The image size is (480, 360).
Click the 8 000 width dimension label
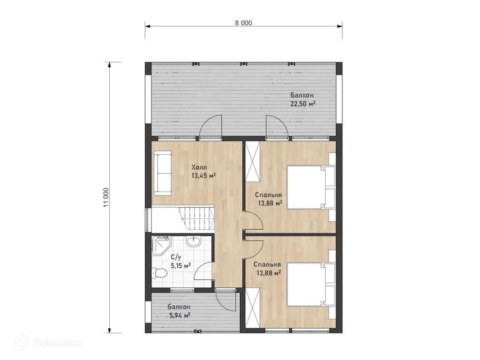click(244, 23)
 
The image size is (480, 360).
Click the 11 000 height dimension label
click(106, 197)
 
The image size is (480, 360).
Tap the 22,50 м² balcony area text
click(303, 104)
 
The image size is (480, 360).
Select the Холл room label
click(199, 167)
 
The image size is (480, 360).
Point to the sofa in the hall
click(162, 173)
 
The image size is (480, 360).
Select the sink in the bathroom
click(193, 241)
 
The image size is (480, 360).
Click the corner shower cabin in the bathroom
click(160, 247)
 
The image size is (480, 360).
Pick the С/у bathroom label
click(175, 257)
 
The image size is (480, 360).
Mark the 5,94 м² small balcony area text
click(180, 315)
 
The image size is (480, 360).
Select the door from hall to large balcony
click(210, 127)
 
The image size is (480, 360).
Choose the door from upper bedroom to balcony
click(277, 127)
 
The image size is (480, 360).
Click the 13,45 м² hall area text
click(204, 176)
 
